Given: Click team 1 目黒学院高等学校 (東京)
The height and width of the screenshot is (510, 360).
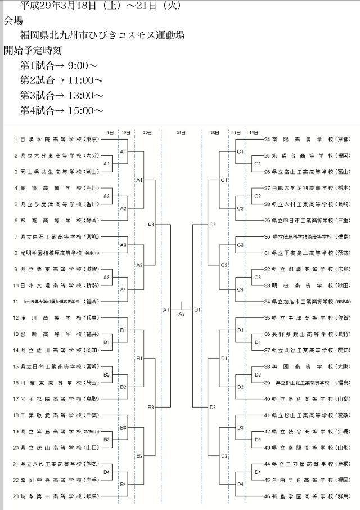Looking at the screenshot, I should (x=56, y=139).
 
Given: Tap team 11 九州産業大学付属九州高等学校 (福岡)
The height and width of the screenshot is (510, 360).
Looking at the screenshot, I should (x=56, y=302).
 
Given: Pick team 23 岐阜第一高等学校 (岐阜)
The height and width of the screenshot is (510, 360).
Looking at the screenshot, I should (x=56, y=496).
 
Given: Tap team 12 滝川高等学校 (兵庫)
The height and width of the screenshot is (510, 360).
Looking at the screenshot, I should (x=56, y=318).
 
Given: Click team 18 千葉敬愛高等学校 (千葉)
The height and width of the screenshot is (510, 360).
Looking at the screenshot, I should (x=56, y=415).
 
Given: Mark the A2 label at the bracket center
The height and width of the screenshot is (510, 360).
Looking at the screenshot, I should (x=181, y=314).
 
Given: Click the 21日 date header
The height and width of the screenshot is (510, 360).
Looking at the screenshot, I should (x=181, y=132).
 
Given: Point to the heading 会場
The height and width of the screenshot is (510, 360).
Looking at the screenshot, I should (x=14, y=21).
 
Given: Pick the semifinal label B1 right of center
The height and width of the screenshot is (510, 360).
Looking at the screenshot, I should (x=197, y=310).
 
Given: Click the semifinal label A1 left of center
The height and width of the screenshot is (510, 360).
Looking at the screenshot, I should (x=166, y=310).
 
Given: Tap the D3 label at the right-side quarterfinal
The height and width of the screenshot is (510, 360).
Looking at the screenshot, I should (x=213, y=407).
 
